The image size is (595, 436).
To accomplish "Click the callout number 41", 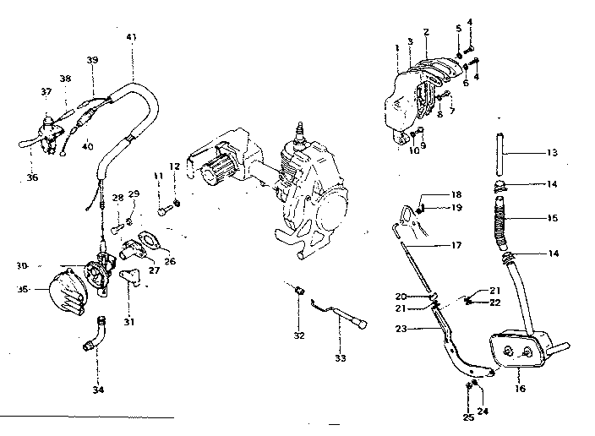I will [130, 36].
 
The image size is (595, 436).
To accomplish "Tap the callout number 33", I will [340, 358].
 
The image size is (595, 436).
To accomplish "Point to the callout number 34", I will [97, 390].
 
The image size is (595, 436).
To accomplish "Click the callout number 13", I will [552, 153].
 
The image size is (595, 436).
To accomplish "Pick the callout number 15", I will [552, 218].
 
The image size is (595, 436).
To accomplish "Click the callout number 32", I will [297, 335].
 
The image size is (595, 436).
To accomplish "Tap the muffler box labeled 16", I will [517, 347].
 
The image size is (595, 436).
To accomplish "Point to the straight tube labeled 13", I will [499, 153].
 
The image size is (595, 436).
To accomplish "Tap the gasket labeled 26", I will [150, 240].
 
